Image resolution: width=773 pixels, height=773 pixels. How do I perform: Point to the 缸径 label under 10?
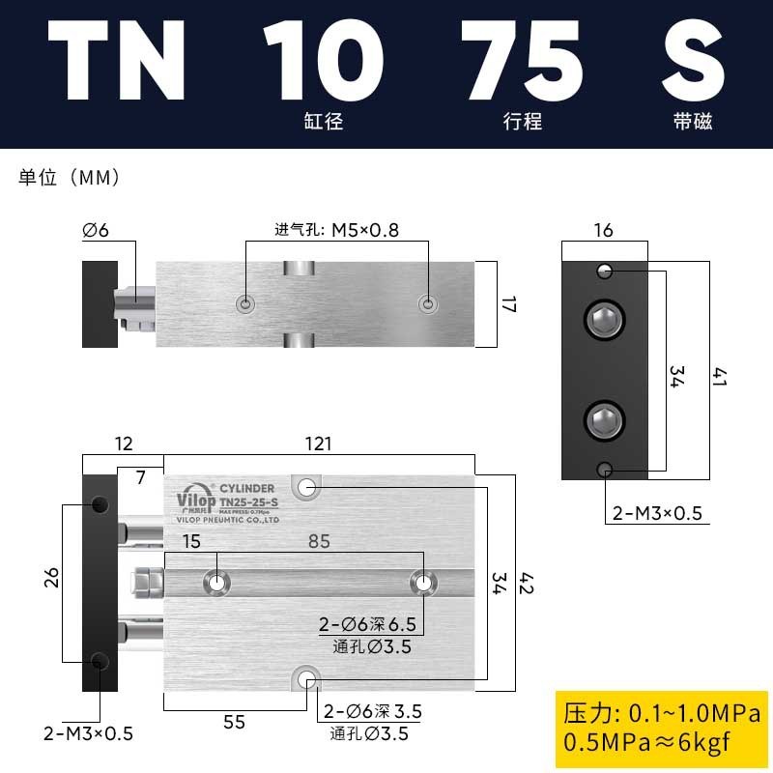(323, 123)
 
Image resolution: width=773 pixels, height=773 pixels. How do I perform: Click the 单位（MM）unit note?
(69, 178)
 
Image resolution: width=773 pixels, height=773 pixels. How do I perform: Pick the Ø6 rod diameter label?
(96, 230)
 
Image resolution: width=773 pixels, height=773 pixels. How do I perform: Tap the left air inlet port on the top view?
(246, 304)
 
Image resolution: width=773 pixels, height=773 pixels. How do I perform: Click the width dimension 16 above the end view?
(604, 230)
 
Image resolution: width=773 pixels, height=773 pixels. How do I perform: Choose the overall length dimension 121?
(318, 444)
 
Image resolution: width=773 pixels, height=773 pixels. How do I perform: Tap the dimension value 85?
(319, 542)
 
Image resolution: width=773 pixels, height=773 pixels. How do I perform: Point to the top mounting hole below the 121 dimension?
(308, 487)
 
